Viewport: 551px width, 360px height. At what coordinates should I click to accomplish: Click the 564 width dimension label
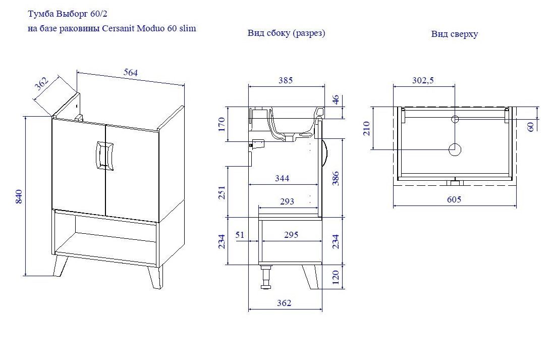pyautogui.click(x=131, y=72)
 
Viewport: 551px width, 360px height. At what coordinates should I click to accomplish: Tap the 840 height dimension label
pyautogui.click(x=19, y=196)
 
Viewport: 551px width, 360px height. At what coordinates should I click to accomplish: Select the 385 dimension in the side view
pyautogui.click(x=286, y=80)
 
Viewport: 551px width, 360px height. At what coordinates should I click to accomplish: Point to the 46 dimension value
pyautogui.click(x=336, y=99)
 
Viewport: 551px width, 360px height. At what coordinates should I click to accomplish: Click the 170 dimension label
pyautogui.click(x=222, y=124)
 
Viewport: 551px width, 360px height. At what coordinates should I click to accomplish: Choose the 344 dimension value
pyautogui.click(x=282, y=178)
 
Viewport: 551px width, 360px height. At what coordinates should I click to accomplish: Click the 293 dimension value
pyautogui.click(x=287, y=201)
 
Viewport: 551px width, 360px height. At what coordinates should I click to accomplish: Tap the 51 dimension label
pyautogui.click(x=240, y=234)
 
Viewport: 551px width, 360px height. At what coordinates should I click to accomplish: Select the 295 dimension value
pyautogui.click(x=291, y=234)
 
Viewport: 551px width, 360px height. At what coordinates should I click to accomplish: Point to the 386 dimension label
pyautogui.click(x=336, y=178)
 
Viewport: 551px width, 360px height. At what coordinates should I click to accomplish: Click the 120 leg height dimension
pyautogui.click(x=336, y=277)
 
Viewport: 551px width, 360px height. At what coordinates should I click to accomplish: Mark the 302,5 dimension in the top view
pyautogui.click(x=423, y=80)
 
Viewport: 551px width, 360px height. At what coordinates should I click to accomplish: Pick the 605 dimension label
pyautogui.click(x=454, y=199)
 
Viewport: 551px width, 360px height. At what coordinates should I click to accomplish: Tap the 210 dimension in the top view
pyautogui.click(x=367, y=128)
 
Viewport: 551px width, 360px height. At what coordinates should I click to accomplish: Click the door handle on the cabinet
pyautogui.click(x=104, y=156)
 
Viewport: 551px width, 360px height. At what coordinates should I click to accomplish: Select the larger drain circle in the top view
pyautogui.click(x=455, y=149)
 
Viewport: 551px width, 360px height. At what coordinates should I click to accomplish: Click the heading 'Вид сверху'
pyautogui.click(x=454, y=34)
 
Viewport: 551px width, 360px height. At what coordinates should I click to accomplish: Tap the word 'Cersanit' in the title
pyautogui.click(x=118, y=28)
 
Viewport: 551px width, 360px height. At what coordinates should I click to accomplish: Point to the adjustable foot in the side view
pyautogui.click(x=266, y=277)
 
